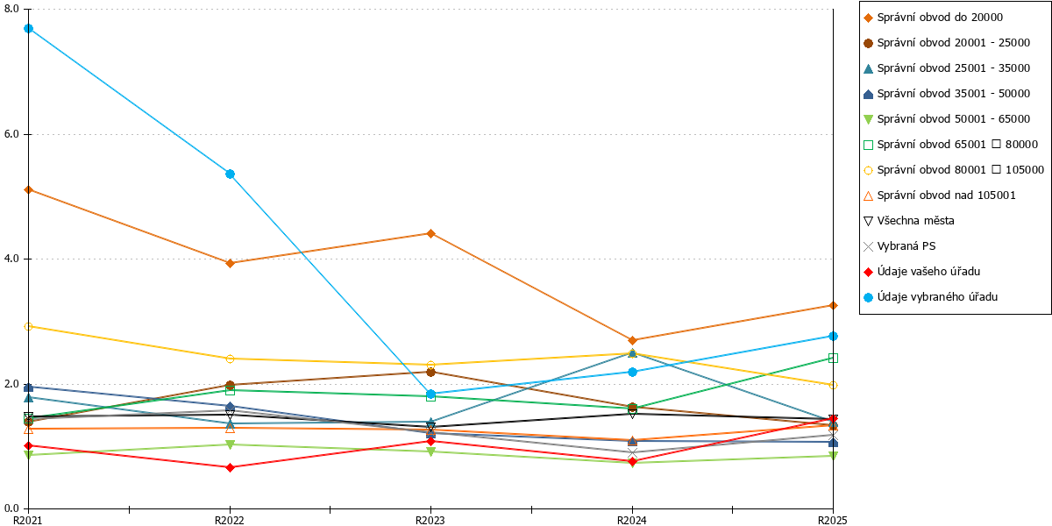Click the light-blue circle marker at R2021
point(29,29)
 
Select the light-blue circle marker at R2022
point(230,174)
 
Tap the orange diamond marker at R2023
point(430,233)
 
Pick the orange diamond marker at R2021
point(29,189)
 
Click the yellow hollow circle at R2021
point(29,326)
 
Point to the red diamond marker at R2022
point(230,467)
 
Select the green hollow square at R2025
point(833,359)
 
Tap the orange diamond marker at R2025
point(833,306)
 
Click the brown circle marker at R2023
point(430,372)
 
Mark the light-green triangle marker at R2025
point(833,456)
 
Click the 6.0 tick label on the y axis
point(11,134)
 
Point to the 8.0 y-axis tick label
point(11,9)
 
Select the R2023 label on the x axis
point(430,520)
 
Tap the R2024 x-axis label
point(632,520)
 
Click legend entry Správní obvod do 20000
point(933,18)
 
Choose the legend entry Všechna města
point(909,221)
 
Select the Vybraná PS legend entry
point(899,246)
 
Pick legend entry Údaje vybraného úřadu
point(930,297)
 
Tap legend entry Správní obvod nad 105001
point(939,195)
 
